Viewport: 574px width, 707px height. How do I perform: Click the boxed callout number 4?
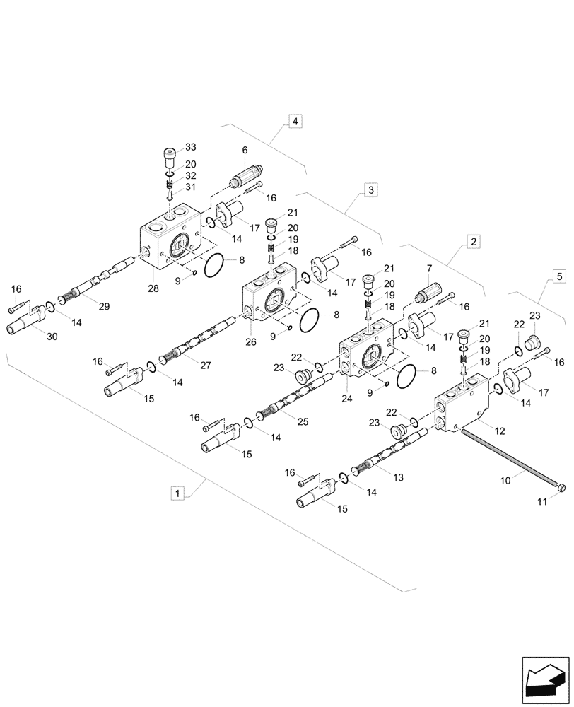pyautogui.click(x=295, y=122)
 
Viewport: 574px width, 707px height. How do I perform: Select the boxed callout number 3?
pyautogui.click(x=371, y=189)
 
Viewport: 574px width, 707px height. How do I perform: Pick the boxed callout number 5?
pyautogui.click(x=558, y=276)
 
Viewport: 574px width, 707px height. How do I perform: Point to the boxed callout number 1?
pyautogui.click(x=178, y=492)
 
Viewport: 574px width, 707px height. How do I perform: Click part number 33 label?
pyautogui.click(x=190, y=148)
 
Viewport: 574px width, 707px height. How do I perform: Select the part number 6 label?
pyautogui.click(x=245, y=150)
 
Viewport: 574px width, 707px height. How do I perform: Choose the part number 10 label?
pyautogui.click(x=506, y=481)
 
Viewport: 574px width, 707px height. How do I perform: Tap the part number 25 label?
pyautogui.click(x=302, y=422)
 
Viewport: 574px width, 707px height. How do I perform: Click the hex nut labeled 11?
pyautogui.click(x=562, y=487)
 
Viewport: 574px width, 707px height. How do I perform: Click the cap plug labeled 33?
pyautogui.click(x=170, y=153)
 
